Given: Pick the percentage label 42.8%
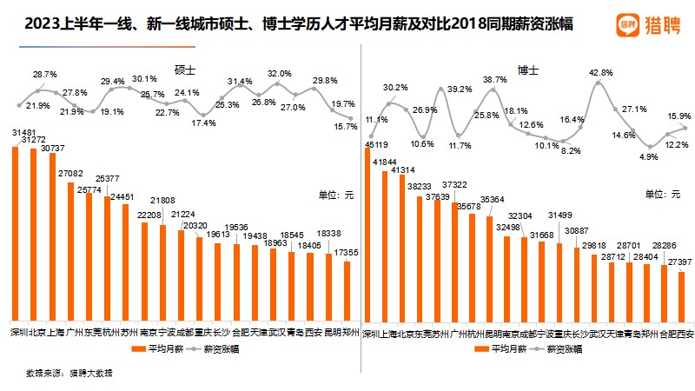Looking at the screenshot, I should (601, 73).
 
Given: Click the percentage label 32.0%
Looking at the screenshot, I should (279, 74).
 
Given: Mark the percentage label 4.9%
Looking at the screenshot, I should (649, 157).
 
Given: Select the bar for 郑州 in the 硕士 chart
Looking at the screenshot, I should (347, 290).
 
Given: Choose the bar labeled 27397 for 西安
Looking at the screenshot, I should (681, 295).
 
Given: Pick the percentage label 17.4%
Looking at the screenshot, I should (203, 123).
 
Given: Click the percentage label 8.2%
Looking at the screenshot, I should (571, 150).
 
